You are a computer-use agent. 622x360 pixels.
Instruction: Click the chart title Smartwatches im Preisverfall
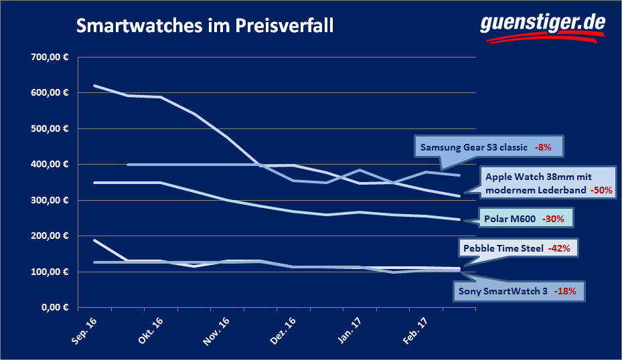(x=204, y=27)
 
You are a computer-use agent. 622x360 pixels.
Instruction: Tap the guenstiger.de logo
(x=542, y=25)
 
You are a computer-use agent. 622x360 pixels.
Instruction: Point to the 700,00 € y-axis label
(x=50, y=56)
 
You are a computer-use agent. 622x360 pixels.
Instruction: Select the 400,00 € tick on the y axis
(x=50, y=164)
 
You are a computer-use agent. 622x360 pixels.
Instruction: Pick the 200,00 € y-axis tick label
(x=50, y=236)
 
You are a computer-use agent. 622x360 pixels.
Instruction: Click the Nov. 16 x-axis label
(x=216, y=329)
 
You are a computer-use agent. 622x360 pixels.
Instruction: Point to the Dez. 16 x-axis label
(x=282, y=329)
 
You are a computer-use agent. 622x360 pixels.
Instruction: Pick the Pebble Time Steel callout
(x=517, y=248)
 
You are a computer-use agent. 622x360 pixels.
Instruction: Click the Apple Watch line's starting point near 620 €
(x=94, y=86)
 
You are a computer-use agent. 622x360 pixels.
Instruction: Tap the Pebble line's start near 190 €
(x=94, y=240)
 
